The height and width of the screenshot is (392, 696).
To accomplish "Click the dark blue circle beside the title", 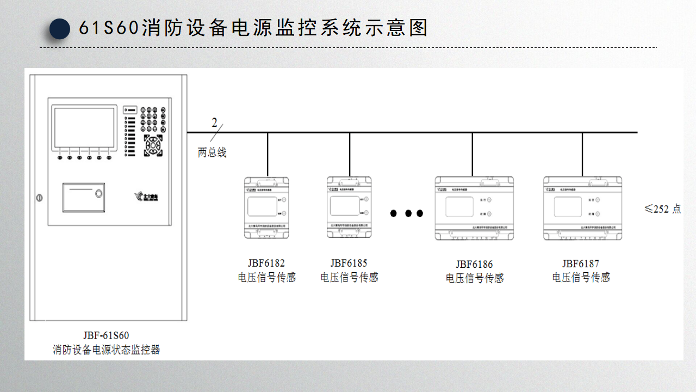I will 60,29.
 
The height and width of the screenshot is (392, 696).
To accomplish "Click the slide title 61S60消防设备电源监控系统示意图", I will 253,28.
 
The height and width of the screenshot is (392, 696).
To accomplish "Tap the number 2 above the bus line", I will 215,122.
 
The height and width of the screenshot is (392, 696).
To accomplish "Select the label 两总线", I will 212,153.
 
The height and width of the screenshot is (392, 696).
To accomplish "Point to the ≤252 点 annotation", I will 662,209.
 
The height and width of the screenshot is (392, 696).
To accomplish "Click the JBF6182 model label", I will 266,264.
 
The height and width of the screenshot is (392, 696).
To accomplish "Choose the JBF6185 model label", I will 349,264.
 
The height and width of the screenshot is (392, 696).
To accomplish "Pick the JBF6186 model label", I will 474,265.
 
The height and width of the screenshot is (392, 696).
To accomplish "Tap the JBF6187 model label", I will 581,264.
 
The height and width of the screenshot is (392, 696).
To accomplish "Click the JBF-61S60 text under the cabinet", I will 106,335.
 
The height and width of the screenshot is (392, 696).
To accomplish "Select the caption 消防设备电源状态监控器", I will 107,350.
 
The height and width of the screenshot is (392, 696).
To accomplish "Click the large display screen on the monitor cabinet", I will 84,128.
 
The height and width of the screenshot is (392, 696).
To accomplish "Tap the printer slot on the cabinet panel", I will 83,197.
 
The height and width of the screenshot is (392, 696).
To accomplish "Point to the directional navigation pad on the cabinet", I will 153,145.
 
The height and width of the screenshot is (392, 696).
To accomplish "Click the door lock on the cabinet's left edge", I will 39,197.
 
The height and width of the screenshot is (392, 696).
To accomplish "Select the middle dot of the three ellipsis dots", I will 407,213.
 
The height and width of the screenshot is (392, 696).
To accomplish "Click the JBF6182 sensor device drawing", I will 266,207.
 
